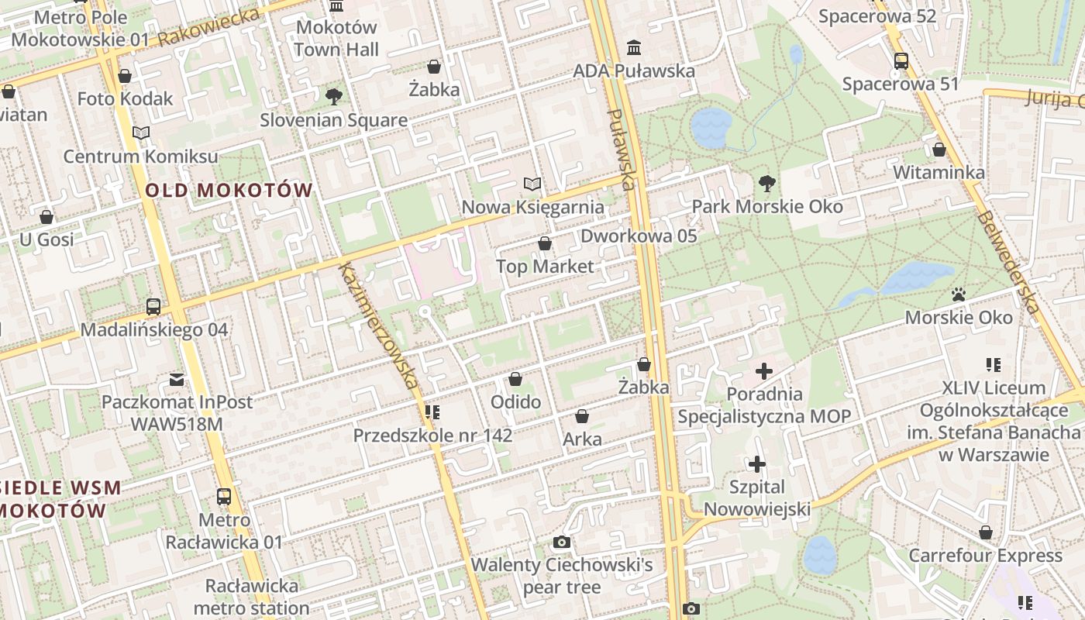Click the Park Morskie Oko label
coord(767,207)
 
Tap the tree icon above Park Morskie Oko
coord(767,184)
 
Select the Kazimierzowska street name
coord(378,325)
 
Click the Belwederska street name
coord(1007,251)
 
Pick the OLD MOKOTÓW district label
coord(229,190)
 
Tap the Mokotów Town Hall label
coord(336,38)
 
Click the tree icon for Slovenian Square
coord(334,97)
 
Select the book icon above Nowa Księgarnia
coord(532,184)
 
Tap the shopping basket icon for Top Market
coord(545,244)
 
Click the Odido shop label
coord(515,402)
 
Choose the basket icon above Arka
coord(582,417)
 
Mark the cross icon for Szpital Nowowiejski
coord(757,464)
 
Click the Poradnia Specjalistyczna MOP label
coord(764,405)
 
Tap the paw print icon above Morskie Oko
coord(959,295)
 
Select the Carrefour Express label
coord(985,556)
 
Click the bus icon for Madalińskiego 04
coord(153,307)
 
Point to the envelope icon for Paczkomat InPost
coord(177,380)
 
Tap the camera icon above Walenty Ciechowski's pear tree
coord(562,542)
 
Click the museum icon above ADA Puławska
coord(634,48)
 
